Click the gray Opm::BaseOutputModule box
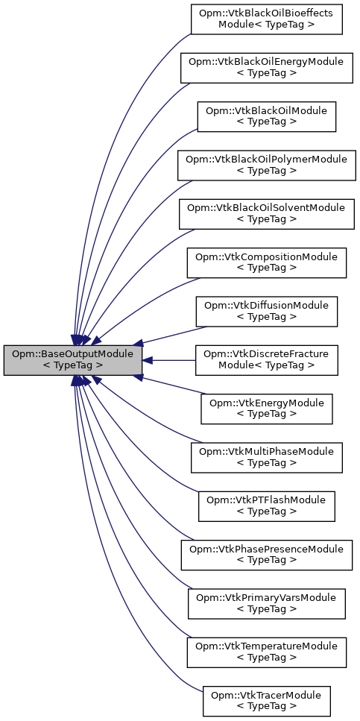point(72,360)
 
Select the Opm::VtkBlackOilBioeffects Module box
point(267,19)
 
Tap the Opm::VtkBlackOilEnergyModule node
point(267,68)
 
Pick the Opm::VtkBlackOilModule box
point(267,116)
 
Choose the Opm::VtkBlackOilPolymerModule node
point(267,165)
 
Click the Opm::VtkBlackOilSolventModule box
point(267,213)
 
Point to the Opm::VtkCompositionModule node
point(267,262)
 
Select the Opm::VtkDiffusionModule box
point(267,311)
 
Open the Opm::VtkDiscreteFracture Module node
point(267,360)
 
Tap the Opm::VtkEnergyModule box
point(267,409)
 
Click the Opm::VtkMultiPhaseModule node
point(267,457)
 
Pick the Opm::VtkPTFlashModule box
point(267,506)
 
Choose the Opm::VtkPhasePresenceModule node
point(267,555)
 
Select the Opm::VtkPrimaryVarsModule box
point(267,603)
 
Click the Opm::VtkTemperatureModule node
point(267,652)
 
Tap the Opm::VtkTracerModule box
point(267,701)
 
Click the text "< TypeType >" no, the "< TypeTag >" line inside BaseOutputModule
point(72,366)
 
